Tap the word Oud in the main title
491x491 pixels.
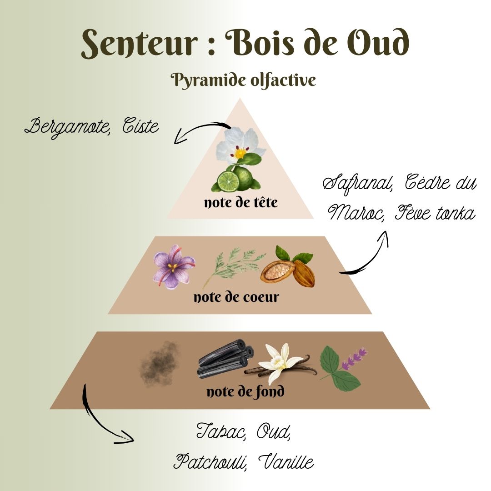[378, 42]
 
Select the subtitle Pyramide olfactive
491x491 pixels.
[243, 80]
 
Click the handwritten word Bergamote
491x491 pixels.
[67, 127]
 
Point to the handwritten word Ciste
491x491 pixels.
[140, 125]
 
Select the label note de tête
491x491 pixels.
[241, 202]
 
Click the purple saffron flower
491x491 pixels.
[174, 266]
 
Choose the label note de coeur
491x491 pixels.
[236, 297]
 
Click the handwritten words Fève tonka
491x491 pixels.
[435, 213]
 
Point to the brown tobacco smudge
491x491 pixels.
[160, 364]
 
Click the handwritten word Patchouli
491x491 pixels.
[210, 462]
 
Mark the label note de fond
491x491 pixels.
[245, 391]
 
